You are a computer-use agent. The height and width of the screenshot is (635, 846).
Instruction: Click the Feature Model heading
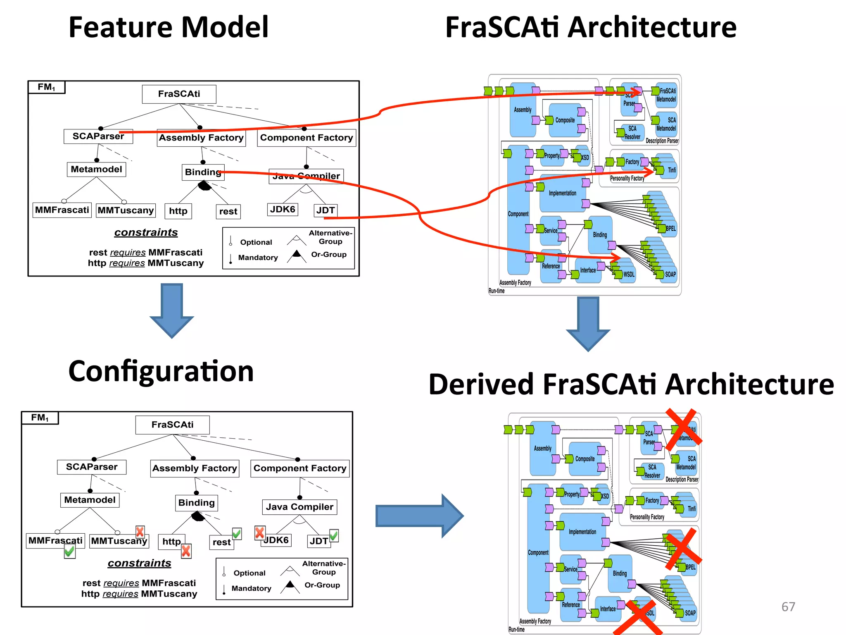[x=169, y=27]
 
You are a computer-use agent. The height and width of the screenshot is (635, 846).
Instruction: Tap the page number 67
[x=788, y=606]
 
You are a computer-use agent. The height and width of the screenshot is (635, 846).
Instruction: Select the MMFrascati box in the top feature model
[x=62, y=210]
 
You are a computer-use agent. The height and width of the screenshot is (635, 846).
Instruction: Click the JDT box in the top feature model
[x=326, y=210]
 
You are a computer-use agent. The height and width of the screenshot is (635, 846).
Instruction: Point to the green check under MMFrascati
[x=69, y=551]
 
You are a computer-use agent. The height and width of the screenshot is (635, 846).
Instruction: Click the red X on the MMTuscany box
[x=140, y=532]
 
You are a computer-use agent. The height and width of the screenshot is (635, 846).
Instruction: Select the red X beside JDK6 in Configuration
[x=259, y=532]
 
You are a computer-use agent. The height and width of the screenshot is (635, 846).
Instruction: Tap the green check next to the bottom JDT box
[x=334, y=536]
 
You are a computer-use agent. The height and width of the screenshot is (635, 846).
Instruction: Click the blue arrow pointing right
[x=419, y=516]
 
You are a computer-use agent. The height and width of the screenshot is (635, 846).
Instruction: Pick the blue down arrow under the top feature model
[x=172, y=310]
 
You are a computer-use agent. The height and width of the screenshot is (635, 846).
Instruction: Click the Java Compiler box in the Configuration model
[x=299, y=507]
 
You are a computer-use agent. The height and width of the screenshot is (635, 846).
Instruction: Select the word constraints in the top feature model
[x=146, y=232]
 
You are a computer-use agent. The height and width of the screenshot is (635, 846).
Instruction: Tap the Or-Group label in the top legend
[x=329, y=255]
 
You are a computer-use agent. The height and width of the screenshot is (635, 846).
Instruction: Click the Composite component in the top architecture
[x=565, y=120]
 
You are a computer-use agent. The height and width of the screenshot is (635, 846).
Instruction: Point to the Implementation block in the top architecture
[x=562, y=193]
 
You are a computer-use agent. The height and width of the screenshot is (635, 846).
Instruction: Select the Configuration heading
[x=161, y=371]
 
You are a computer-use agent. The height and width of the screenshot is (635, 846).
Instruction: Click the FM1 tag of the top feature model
[x=46, y=87]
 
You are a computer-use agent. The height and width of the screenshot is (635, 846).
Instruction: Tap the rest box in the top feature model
[x=228, y=212]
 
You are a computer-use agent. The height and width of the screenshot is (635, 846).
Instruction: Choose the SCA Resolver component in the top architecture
[x=632, y=133]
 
